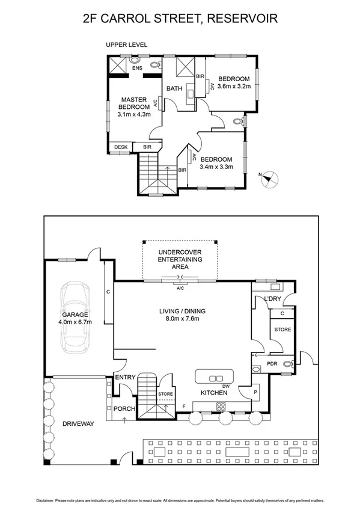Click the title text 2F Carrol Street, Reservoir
pyautogui.click(x=180, y=19)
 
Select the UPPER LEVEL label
pyautogui.click(x=126, y=45)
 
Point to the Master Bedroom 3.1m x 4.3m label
pyautogui.click(x=134, y=106)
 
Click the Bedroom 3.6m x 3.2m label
pyautogui.click(x=233, y=82)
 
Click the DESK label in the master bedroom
pyautogui.click(x=120, y=147)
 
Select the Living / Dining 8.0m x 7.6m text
pyautogui.click(x=182, y=315)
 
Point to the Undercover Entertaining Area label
pyautogui.click(x=180, y=259)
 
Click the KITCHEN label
pyautogui.click(x=214, y=393)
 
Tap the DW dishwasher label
pyautogui.click(x=226, y=386)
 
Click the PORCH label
pyautogui.click(x=124, y=410)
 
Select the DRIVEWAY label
pyautogui.click(x=78, y=423)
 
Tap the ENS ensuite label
pyautogui.click(x=137, y=68)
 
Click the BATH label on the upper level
pyautogui.click(x=174, y=89)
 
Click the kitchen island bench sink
pyautogui.click(x=214, y=378)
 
